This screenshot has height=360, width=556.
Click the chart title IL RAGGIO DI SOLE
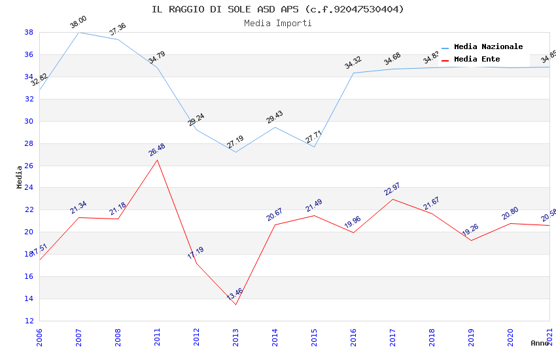coord(277,9)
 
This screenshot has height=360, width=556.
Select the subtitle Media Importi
coord(277,23)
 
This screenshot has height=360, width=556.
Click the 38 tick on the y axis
coord(29,32)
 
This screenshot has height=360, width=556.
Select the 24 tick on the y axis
coord(29,188)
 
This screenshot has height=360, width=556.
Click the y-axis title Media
coord(20,177)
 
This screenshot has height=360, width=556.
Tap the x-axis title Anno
coord(540,343)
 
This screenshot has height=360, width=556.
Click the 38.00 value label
coord(78,23)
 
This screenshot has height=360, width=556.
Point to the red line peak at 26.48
coord(157,160)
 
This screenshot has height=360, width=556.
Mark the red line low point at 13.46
coord(235,304)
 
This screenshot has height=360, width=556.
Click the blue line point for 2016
coord(353,73)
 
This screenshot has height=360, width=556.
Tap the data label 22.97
coord(392,190)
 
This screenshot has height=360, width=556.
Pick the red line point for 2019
coord(471,240)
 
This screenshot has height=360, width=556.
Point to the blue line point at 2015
coord(314,147)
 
